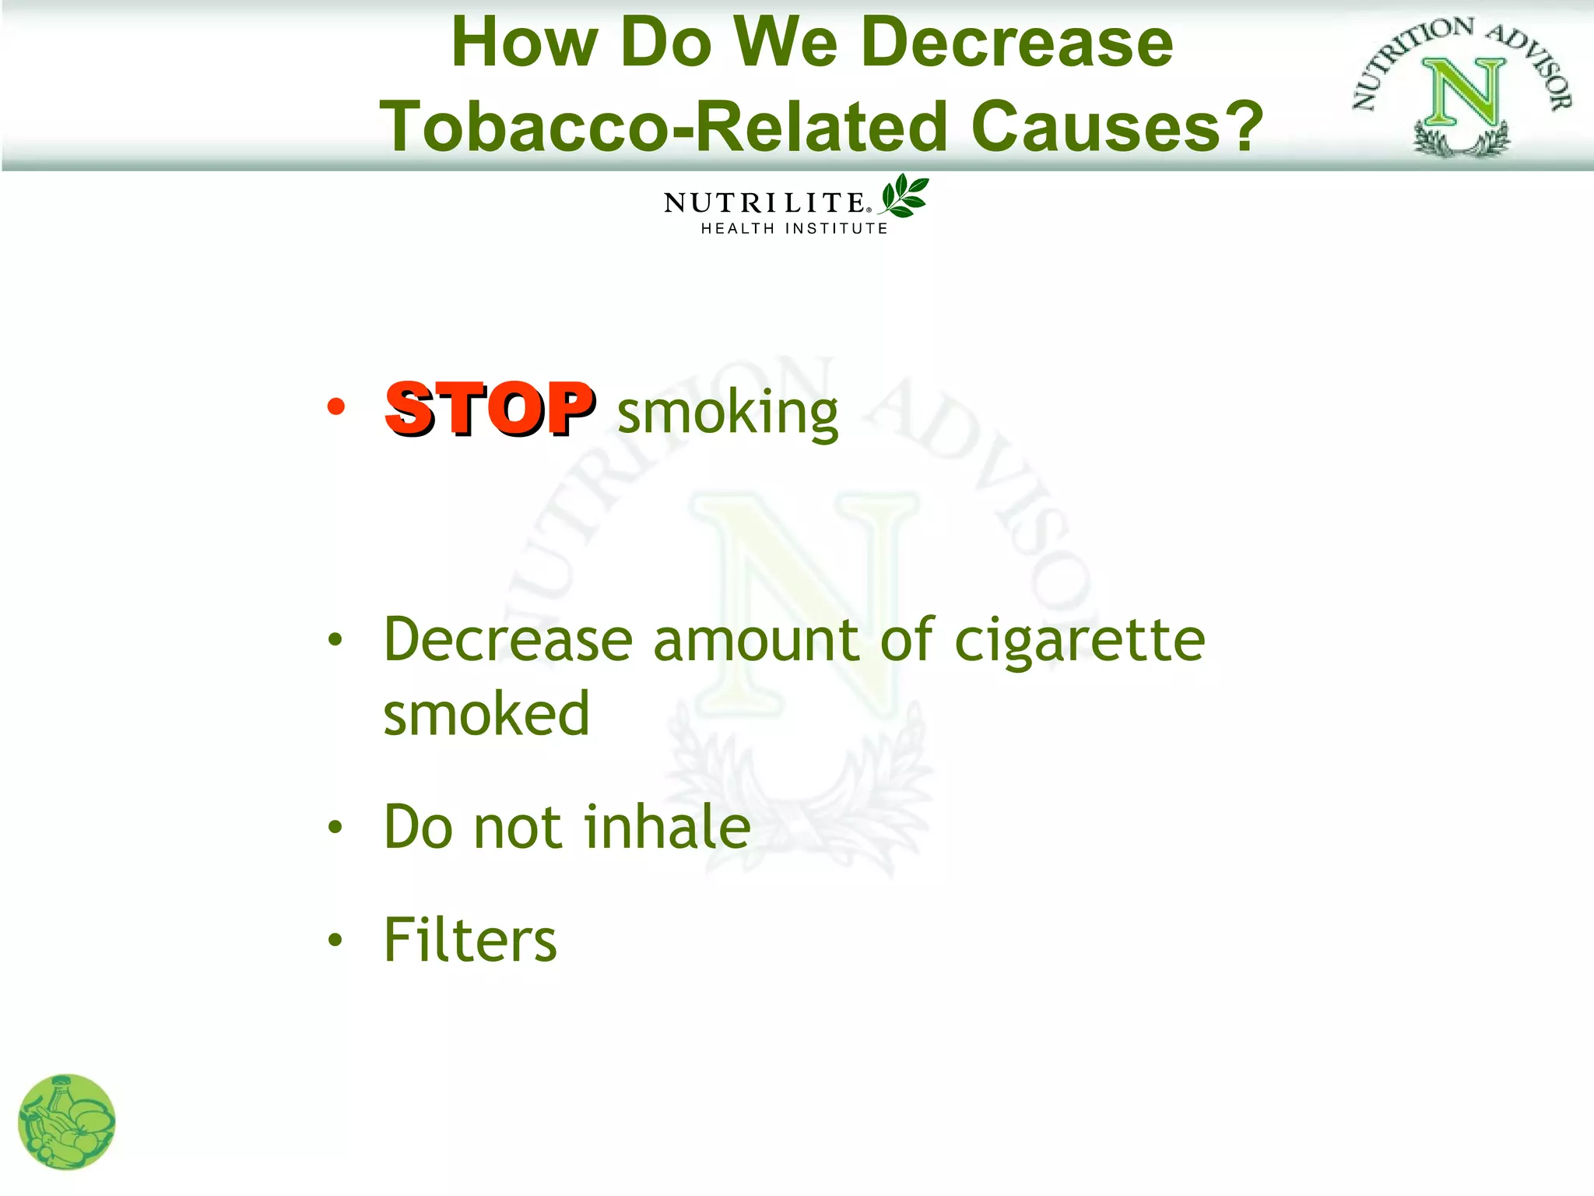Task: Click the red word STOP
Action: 490,409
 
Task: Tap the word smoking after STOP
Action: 728,412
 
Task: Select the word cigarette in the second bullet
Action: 1080,640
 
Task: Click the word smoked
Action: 486,713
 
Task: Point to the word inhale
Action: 667,826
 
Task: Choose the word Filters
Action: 470,940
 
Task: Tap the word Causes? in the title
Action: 1117,126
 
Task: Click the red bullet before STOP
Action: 335,406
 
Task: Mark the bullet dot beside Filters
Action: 335,940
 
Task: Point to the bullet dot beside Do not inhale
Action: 335,827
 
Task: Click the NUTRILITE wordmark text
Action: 764,203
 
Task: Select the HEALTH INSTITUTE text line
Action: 794,228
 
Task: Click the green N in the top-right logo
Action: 1463,93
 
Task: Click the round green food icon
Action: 67,1122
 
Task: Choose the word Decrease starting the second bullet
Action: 507,640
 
